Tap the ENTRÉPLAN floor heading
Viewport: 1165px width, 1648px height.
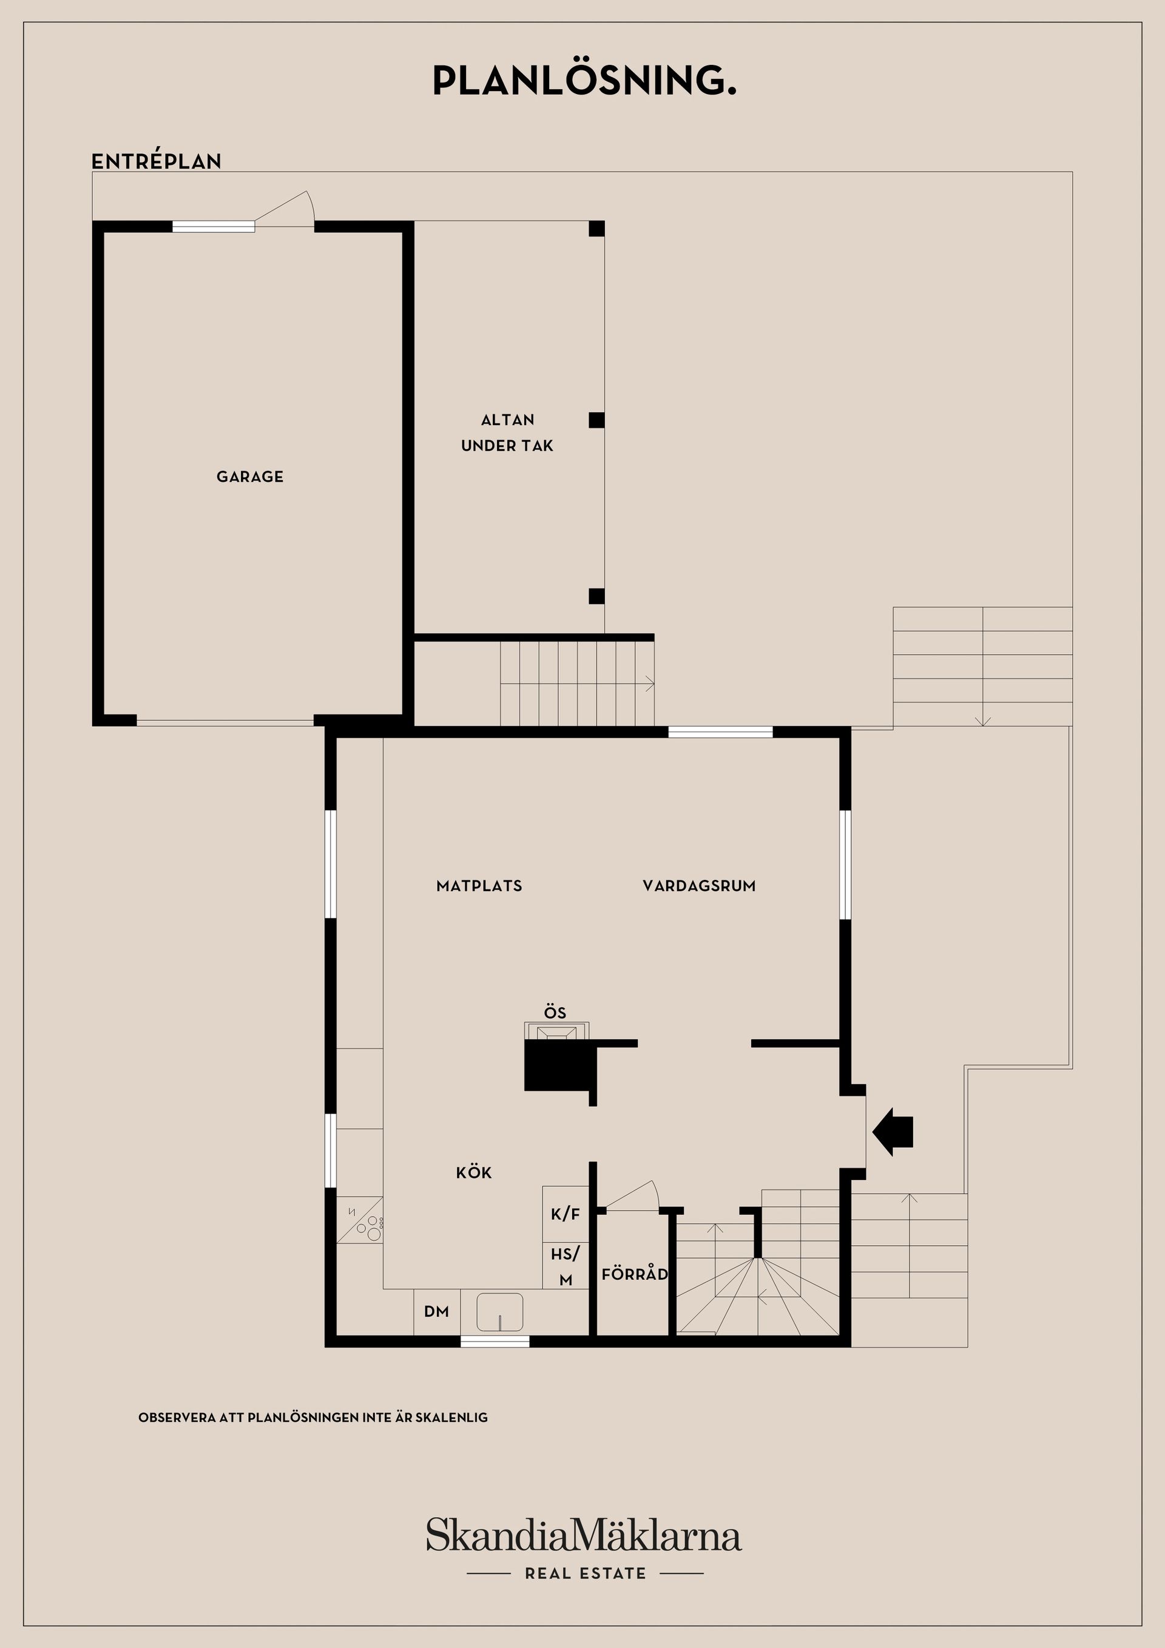157,161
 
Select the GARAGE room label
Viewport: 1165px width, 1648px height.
250,476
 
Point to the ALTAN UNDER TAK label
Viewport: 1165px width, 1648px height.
507,432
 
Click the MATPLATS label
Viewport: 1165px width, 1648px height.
479,886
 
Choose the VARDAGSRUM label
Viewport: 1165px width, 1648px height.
698,886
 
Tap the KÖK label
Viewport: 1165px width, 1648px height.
474,1173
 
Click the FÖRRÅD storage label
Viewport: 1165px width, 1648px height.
635,1274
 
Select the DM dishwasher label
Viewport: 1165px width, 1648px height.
436,1311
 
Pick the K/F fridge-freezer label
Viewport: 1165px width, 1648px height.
565,1214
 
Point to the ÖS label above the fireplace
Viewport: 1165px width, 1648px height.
555,1013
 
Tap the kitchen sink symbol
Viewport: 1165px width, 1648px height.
499,1311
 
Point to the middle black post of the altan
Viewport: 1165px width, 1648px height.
596,420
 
